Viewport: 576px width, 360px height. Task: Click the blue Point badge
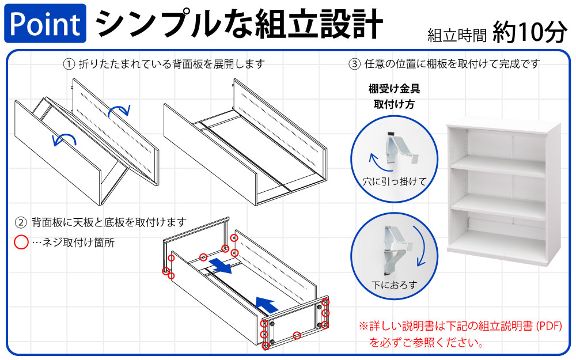[x=45, y=24]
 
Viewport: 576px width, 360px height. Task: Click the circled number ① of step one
[x=69, y=63]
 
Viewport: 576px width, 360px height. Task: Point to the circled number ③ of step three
[x=355, y=63]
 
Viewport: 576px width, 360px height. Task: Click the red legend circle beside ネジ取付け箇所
[x=21, y=242]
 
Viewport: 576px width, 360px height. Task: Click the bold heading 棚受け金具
[x=395, y=89]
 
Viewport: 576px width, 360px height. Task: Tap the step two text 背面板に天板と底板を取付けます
[x=109, y=222]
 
